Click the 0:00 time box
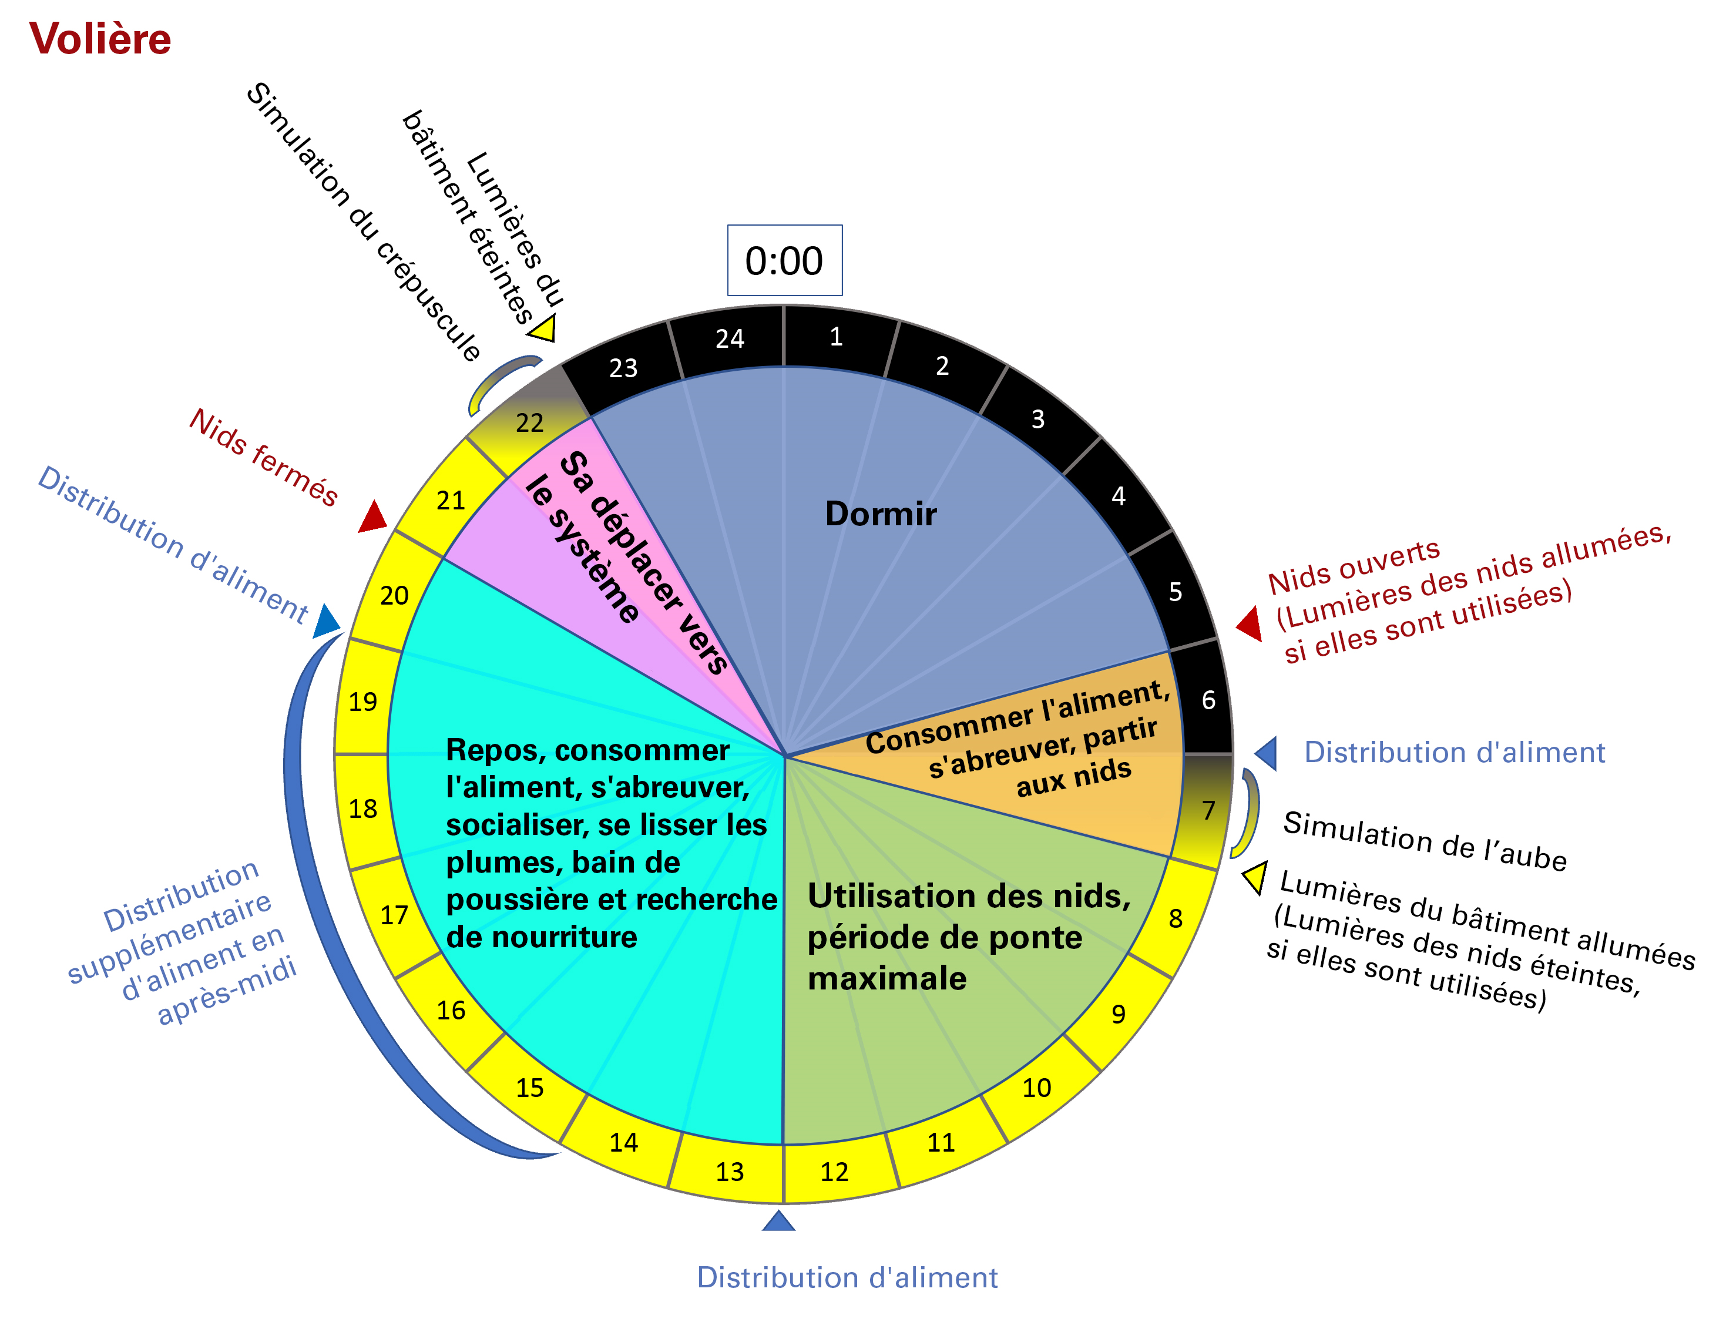(784, 260)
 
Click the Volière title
(100, 39)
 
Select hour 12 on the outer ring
(834, 1172)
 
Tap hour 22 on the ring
(529, 423)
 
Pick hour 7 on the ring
(1208, 810)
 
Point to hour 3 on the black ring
(1038, 419)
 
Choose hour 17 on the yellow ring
(394, 915)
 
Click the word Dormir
(881, 514)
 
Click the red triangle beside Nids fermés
(373, 516)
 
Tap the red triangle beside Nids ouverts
(1250, 623)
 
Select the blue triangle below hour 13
(778, 1220)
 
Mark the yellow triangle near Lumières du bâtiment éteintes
(545, 328)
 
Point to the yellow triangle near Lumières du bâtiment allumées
(1255, 877)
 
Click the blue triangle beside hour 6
(1267, 753)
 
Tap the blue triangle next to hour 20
(327, 621)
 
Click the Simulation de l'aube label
(1425, 841)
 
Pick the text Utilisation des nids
(969, 896)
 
